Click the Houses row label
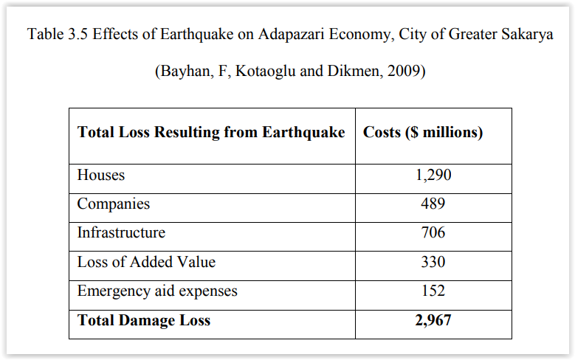pyautogui.click(x=101, y=175)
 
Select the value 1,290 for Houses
pyautogui.click(x=433, y=175)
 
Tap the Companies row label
pyautogui.click(x=114, y=204)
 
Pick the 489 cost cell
pyautogui.click(x=433, y=204)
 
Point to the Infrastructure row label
pyautogui.click(x=121, y=232)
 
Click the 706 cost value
pyautogui.click(x=433, y=232)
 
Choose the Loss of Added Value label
pyautogui.click(x=146, y=262)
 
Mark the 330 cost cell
pyautogui.click(x=433, y=262)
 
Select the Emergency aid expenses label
pyautogui.click(x=157, y=291)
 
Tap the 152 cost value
pyautogui.click(x=433, y=291)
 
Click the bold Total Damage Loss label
pyautogui.click(x=144, y=320)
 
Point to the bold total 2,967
pyautogui.click(x=433, y=320)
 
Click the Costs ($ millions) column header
pyautogui.click(x=423, y=132)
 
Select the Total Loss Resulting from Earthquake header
pyautogui.click(x=211, y=132)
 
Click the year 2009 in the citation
pyautogui.click(x=404, y=71)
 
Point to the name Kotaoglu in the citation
pyautogui.click(x=265, y=71)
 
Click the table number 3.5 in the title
pyautogui.click(x=78, y=34)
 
